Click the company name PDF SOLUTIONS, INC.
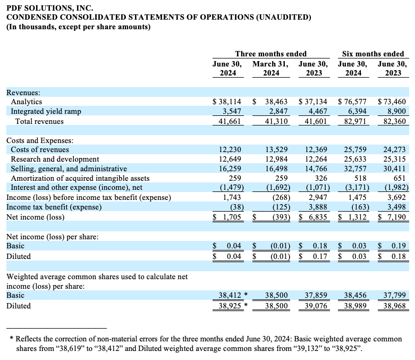[x=50, y=7]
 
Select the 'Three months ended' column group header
[x=271, y=54]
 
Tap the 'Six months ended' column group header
[x=373, y=54]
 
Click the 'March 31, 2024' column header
[x=270, y=69]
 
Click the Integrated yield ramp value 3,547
[x=232, y=111]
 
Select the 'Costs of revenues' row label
[x=40, y=149]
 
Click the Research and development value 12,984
[x=277, y=159]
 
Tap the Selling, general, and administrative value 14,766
[x=316, y=169]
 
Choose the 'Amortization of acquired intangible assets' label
[x=80, y=178]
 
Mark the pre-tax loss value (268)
[x=281, y=198]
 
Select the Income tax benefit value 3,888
[x=318, y=207]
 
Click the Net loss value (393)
[x=281, y=217]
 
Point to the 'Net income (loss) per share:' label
[x=53, y=237]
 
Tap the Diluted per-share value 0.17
[x=320, y=256]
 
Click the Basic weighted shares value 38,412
[x=230, y=295]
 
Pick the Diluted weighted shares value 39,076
[x=316, y=306]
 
